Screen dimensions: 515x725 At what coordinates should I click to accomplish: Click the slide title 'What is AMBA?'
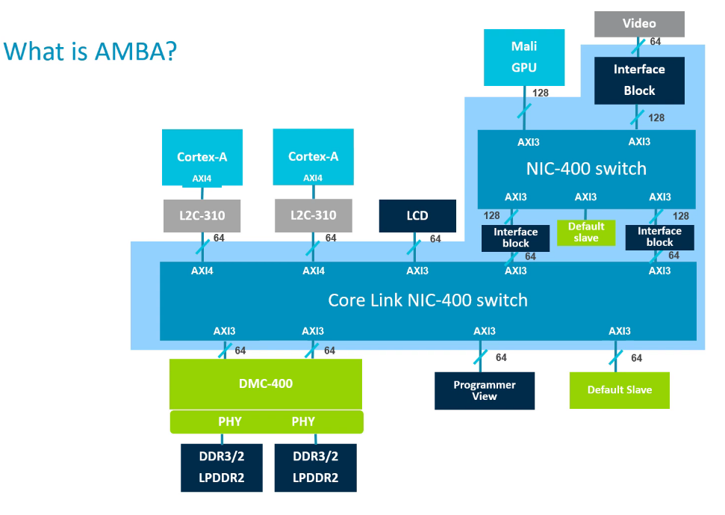click(x=90, y=52)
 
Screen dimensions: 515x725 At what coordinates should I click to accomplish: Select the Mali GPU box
click(x=524, y=57)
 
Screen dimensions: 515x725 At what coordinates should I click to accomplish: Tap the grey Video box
click(x=639, y=24)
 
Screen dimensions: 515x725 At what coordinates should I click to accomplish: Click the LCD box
click(x=417, y=216)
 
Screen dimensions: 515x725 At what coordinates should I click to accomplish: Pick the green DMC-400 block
click(x=266, y=383)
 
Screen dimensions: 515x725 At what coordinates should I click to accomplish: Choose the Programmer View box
click(x=485, y=391)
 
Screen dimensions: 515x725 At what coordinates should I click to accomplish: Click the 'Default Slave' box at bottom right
click(x=619, y=390)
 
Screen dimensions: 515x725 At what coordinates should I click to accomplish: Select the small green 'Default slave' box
click(x=586, y=232)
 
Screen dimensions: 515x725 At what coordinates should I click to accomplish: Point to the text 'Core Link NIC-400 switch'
click(x=428, y=300)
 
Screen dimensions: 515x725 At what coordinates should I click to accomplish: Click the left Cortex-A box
click(x=202, y=156)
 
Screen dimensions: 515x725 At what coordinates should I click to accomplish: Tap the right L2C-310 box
click(x=313, y=215)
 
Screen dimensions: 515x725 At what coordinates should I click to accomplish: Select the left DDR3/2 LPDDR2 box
click(x=222, y=467)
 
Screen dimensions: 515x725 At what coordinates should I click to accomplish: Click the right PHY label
click(x=303, y=422)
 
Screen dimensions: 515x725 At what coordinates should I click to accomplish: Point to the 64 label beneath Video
click(x=655, y=42)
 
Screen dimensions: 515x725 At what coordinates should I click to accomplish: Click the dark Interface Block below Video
click(x=639, y=80)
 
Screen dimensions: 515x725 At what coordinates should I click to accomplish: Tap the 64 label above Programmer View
click(x=501, y=358)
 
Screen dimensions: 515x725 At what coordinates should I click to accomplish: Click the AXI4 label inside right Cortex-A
click(x=313, y=178)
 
